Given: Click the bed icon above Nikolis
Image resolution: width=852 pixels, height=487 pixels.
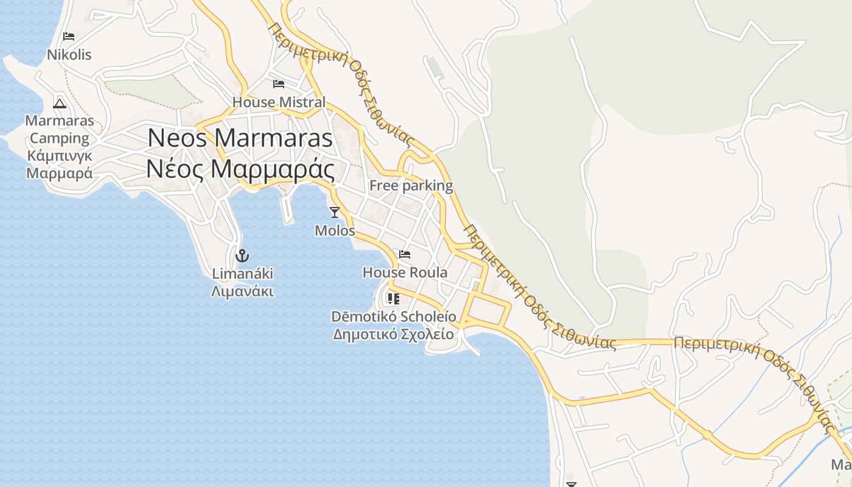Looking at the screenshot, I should click(69, 37).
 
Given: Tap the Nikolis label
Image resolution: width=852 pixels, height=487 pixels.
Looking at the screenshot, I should click(69, 55).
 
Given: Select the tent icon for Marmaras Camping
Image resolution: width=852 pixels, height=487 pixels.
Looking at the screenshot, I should click(59, 103).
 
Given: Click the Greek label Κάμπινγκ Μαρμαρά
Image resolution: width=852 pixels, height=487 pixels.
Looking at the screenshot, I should click(60, 164).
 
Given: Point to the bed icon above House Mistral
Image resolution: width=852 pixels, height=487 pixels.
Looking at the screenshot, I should click(279, 83).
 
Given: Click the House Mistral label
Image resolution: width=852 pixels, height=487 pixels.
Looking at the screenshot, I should click(279, 102).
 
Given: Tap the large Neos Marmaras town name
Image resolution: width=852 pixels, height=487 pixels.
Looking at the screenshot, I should click(240, 138).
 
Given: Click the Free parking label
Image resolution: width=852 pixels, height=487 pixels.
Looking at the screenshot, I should click(411, 186).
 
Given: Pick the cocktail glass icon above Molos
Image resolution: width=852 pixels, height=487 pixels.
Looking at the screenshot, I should click(334, 212).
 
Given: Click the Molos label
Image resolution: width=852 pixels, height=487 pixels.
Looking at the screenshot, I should click(335, 231).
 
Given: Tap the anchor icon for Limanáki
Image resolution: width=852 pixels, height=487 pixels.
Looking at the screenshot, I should click(242, 255).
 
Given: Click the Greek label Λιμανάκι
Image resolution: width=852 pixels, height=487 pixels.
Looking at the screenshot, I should click(242, 292).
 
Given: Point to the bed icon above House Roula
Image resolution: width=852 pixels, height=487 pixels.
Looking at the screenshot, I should click(405, 254).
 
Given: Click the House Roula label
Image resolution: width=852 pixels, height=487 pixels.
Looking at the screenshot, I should click(405, 273).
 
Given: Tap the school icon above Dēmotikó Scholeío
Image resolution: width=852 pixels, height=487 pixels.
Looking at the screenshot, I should click(393, 298).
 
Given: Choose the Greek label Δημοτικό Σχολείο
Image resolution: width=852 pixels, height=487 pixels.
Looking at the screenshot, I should click(394, 334).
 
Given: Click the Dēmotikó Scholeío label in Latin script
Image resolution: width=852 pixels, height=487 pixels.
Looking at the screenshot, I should click(394, 317).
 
